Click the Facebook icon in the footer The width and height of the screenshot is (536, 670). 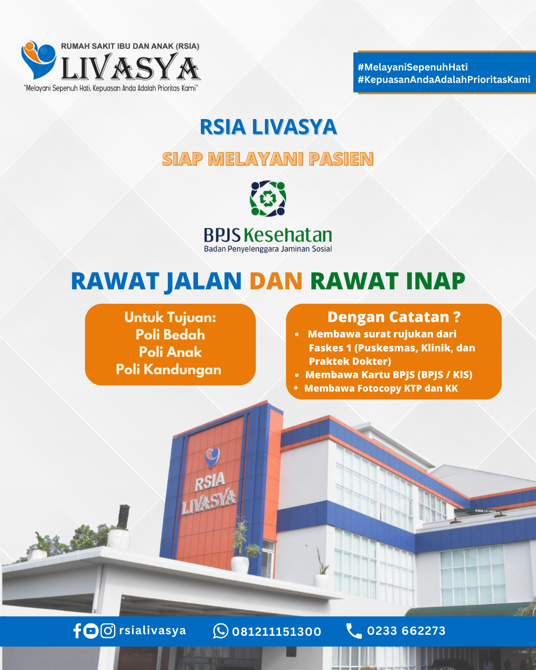(x=77, y=631)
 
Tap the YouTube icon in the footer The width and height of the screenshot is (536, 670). (x=91, y=631)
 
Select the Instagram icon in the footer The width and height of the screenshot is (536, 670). (x=108, y=631)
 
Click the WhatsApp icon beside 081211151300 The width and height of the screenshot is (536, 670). (x=221, y=631)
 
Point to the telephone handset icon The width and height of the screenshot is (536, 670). (x=354, y=631)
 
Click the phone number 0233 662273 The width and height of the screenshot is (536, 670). (x=406, y=631)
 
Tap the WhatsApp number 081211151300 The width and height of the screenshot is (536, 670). (x=276, y=632)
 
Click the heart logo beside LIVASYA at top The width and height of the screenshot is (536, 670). (x=39, y=60)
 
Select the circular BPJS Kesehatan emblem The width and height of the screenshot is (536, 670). (x=268, y=199)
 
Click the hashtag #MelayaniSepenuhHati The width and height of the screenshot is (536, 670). (x=412, y=67)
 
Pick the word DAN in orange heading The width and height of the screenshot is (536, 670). (x=276, y=281)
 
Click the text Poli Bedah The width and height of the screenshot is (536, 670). (x=170, y=335)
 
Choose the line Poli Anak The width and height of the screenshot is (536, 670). (x=170, y=352)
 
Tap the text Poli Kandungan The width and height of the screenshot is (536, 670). (x=169, y=370)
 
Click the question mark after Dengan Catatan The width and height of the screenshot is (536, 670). (x=457, y=317)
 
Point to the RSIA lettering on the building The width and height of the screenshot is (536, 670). (x=210, y=481)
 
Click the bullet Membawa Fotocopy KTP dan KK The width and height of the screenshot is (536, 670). (x=381, y=388)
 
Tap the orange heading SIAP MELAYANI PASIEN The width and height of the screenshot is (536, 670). (x=268, y=159)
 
